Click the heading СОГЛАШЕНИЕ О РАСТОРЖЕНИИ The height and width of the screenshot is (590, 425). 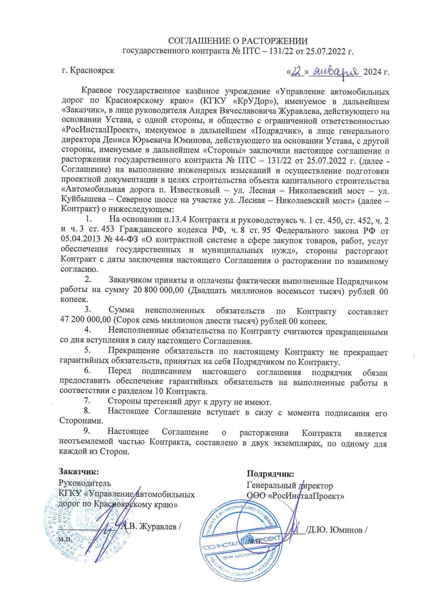[x=238, y=41]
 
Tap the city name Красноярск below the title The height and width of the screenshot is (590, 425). [x=93, y=70]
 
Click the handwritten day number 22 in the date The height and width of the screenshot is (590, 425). [x=297, y=72]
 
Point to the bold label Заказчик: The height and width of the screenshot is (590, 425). [x=79, y=471]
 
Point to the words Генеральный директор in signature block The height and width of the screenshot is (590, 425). [x=289, y=486]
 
